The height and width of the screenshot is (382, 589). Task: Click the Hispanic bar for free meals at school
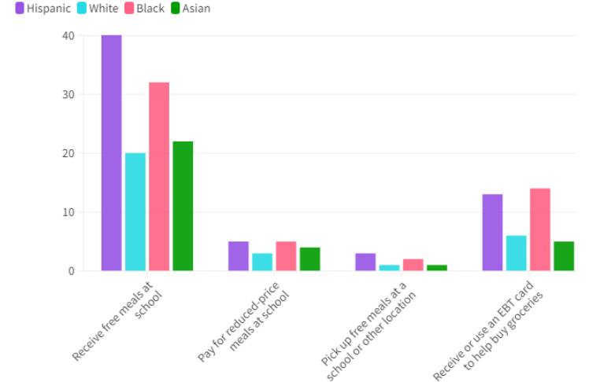(111, 153)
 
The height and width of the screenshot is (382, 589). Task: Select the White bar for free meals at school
(135, 212)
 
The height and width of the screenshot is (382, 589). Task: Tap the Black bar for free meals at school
(159, 177)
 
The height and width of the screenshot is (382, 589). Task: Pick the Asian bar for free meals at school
(183, 206)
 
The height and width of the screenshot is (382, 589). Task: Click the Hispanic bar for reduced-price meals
(239, 256)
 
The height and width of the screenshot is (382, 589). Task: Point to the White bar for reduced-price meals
(262, 263)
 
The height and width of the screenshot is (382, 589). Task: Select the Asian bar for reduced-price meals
(309, 259)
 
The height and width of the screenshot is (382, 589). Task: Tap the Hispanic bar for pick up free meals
(365, 263)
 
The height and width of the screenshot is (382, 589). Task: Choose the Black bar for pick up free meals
(413, 265)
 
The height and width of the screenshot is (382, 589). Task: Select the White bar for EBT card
(516, 253)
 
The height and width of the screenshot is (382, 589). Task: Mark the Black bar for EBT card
(540, 230)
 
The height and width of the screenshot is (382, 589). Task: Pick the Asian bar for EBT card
(564, 256)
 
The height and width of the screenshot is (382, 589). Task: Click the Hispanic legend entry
(43, 9)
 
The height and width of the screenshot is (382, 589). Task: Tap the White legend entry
(98, 9)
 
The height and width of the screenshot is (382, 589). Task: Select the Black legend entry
(144, 9)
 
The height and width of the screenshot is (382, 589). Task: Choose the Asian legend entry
(191, 9)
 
